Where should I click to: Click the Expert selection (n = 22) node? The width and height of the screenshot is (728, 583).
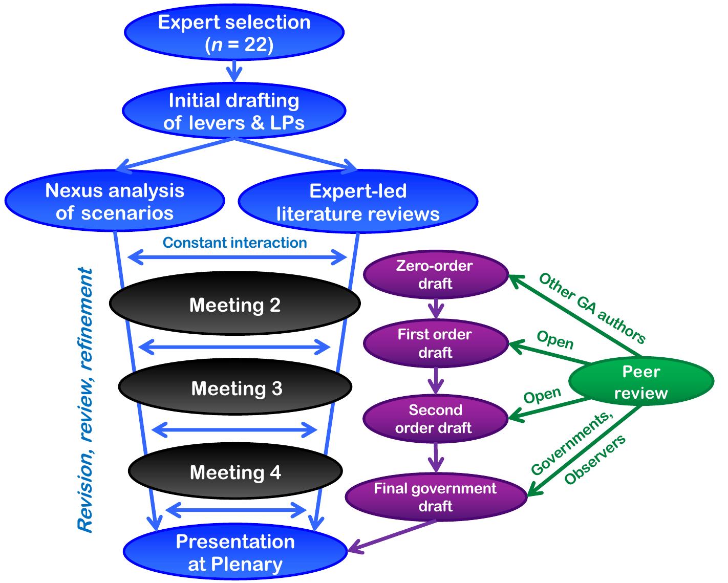pyautogui.click(x=234, y=33)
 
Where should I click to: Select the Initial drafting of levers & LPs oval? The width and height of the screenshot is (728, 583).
pyautogui.click(x=234, y=111)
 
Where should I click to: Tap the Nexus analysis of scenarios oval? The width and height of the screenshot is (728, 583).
pyautogui.click(x=115, y=201)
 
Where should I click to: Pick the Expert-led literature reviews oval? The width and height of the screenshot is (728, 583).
pyautogui.click(x=358, y=202)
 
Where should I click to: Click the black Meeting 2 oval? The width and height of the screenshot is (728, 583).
pyautogui.click(x=234, y=305)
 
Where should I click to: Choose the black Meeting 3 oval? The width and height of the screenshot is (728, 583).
pyautogui.click(x=235, y=388)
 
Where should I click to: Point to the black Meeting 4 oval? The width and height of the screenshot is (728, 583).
pyautogui.click(x=235, y=471)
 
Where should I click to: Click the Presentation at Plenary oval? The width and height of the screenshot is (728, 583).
pyautogui.click(x=235, y=553)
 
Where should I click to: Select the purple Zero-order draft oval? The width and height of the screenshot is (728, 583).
pyautogui.click(x=435, y=275)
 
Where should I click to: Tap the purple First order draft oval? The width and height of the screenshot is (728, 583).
pyautogui.click(x=435, y=343)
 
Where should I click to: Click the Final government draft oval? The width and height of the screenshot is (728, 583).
pyautogui.click(x=436, y=497)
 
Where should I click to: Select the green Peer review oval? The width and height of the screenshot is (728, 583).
pyautogui.click(x=641, y=382)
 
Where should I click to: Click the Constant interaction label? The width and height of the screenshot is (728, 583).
pyautogui.click(x=235, y=243)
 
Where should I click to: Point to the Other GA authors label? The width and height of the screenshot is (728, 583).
pyautogui.click(x=592, y=308)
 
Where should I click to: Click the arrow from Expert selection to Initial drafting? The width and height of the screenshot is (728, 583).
pyautogui.click(x=234, y=71)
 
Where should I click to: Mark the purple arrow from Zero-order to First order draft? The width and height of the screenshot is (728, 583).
pyautogui.click(x=436, y=309)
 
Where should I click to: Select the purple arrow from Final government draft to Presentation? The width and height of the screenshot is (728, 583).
pyautogui.click(x=392, y=536)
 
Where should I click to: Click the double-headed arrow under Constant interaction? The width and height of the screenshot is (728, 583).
pyautogui.click(x=237, y=257)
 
